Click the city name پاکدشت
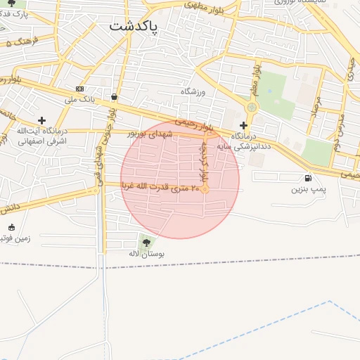click(134, 26)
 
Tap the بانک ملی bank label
click(79, 99)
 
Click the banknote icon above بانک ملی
click(79, 89)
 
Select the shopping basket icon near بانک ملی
click(113, 96)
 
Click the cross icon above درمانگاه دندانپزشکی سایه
click(243, 124)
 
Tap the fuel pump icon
click(308, 178)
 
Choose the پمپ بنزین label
click(309, 189)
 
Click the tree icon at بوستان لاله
click(146, 243)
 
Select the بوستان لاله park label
click(146, 255)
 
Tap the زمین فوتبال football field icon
click(11, 226)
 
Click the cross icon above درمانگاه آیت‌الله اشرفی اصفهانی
click(41, 120)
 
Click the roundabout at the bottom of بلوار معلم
click(252, 107)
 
